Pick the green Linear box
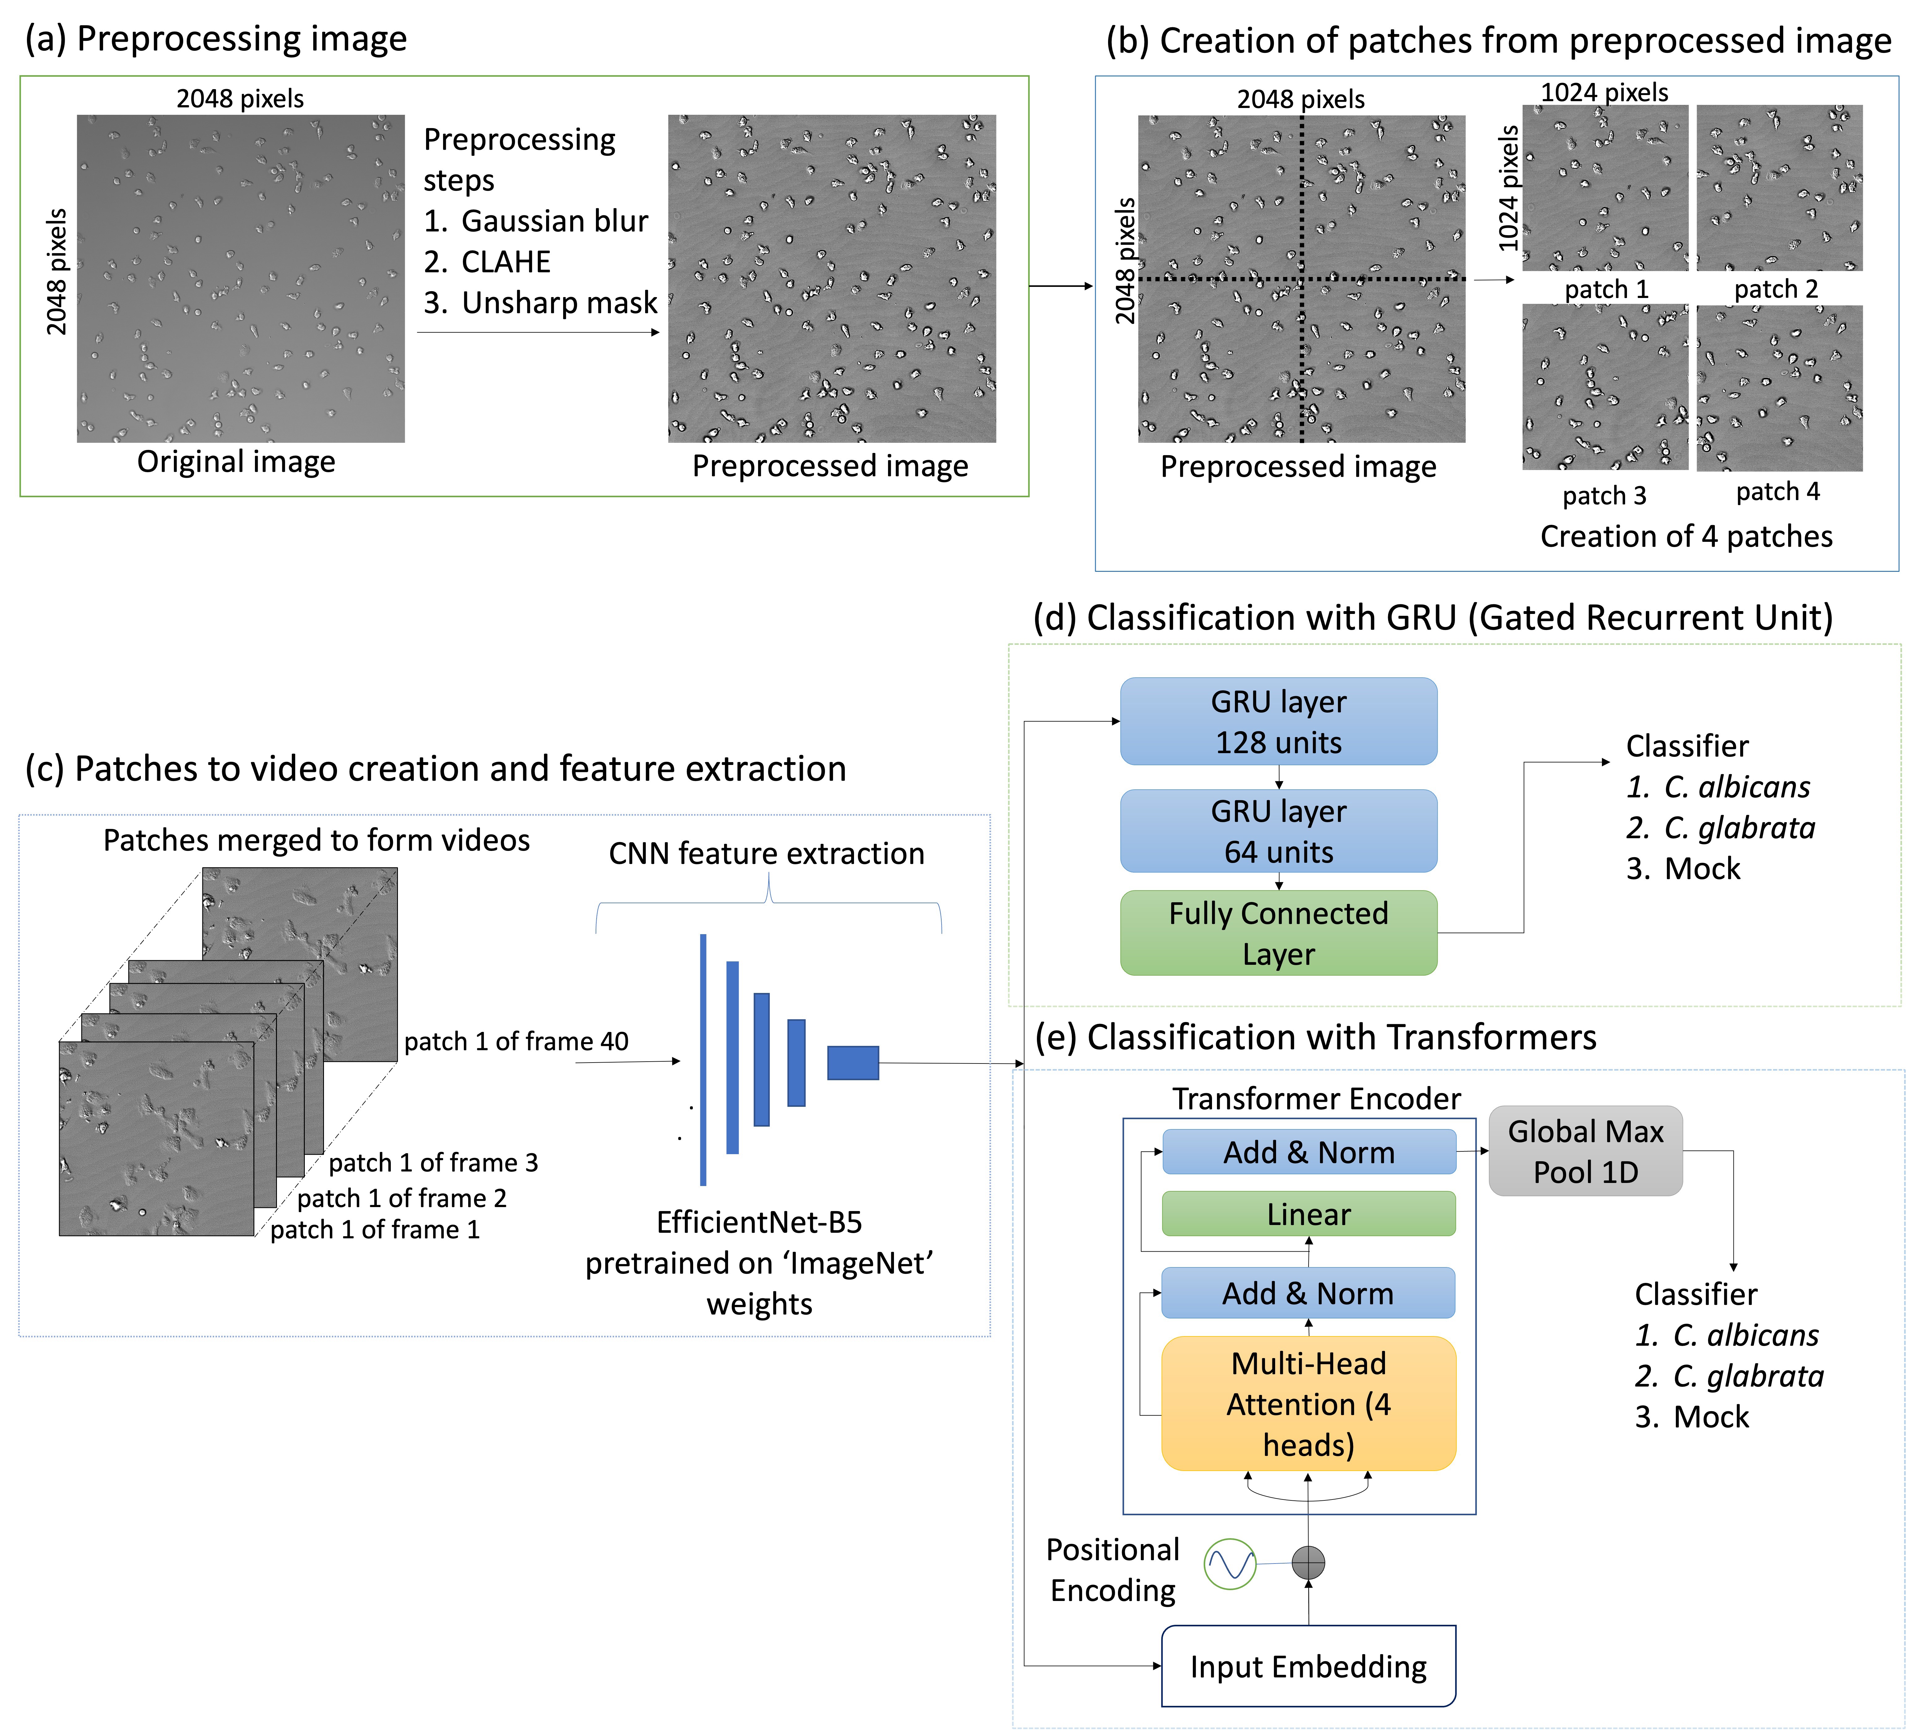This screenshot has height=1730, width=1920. [x=1308, y=1214]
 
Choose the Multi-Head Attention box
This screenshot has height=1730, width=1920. [x=1308, y=1403]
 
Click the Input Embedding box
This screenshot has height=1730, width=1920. [x=1308, y=1665]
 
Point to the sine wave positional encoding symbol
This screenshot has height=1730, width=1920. [x=1230, y=1564]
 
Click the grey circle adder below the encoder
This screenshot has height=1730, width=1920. [x=1308, y=1562]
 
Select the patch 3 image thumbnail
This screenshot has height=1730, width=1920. [x=1604, y=387]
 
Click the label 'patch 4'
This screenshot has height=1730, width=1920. [x=1777, y=491]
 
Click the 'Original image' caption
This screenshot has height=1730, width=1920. [x=236, y=462]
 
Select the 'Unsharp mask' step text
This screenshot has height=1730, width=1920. [x=559, y=302]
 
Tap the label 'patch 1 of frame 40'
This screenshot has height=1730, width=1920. [x=516, y=1042]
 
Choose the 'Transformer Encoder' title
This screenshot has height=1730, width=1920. [x=1315, y=1099]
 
